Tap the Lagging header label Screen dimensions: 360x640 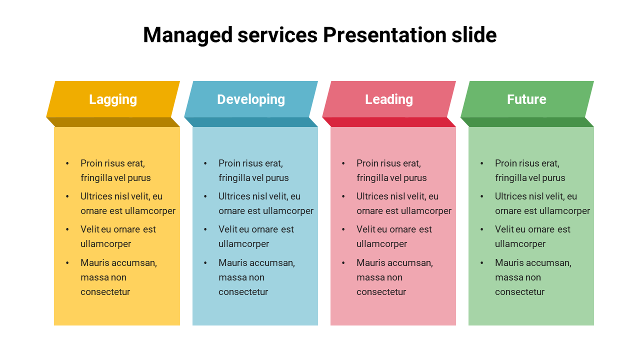click(x=113, y=99)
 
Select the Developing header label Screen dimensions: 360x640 click(x=251, y=99)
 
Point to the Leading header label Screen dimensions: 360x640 click(x=389, y=99)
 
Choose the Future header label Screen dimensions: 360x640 click(x=526, y=99)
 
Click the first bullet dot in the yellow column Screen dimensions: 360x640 click(x=67, y=163)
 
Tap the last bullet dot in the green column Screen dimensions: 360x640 click(x=482, y=263)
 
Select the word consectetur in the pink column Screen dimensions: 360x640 click(x=381, y=292)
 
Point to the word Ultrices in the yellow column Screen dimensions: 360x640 click(x=96, y=196)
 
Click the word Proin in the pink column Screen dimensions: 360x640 click(x=367, y=163)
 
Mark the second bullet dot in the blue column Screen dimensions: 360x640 click(x=205, y=196)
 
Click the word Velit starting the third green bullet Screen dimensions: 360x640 click(x=504, y=229)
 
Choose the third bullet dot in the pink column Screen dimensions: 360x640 click(x=343, y=229)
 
